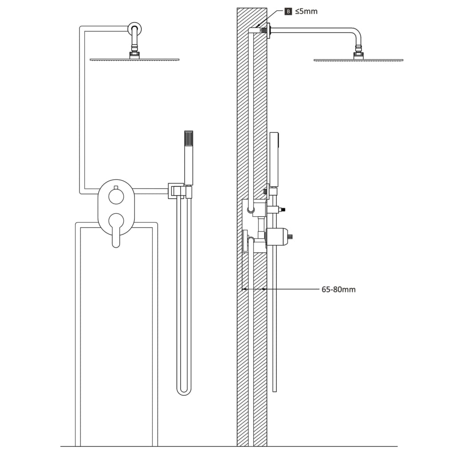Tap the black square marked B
(x=288, y=11)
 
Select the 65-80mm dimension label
(x=338, y=289)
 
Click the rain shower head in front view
(x=135, y=59)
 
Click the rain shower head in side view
(x=358, y=59)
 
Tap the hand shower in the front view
(x=188, y=158)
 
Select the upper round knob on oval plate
(x=116, y=196)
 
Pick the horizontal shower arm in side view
(x=311, y=30)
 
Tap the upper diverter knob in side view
(x=278, y=208)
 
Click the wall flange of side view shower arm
(x=268, y=31)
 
